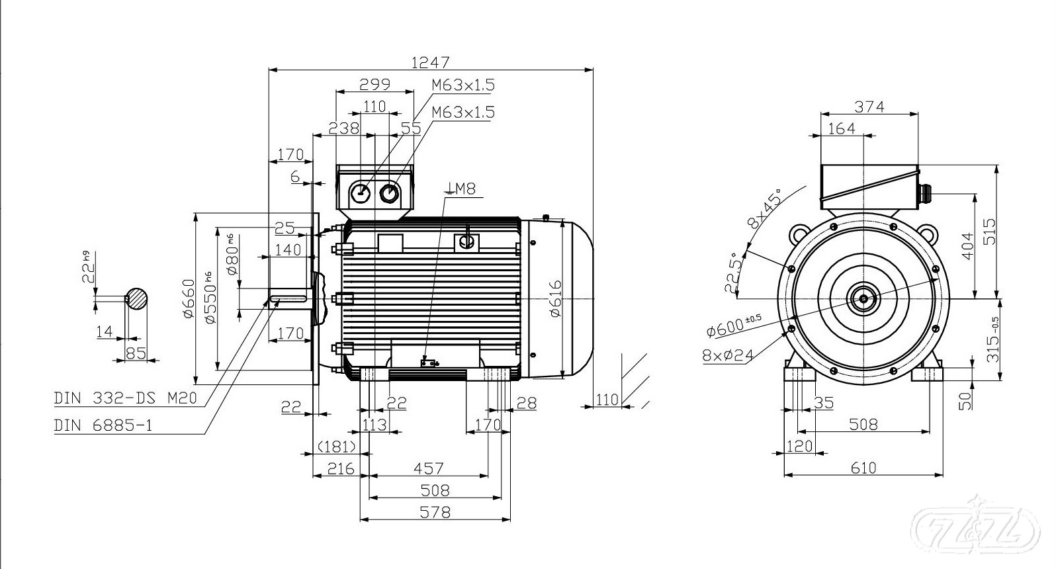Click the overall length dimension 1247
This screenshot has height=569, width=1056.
click(x=430, y=62)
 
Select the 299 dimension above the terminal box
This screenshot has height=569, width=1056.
click(x=374, y=84)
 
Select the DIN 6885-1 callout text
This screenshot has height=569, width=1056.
click(x=103, y=425)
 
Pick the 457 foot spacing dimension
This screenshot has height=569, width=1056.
click(x=428, y=468)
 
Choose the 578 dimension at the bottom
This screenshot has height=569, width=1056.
click(x=435, y=512)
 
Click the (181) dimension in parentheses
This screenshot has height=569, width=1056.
click(x=337, y=446)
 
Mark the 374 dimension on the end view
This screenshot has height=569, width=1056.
click(x=869, y=107)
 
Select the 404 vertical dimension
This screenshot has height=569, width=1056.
click(x=967, y=246)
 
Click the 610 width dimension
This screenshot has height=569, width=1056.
click(x=863, y=468)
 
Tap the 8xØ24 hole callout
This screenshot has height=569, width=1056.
click(x=728, y=356)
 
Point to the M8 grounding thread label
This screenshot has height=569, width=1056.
click(x=461, y=189)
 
